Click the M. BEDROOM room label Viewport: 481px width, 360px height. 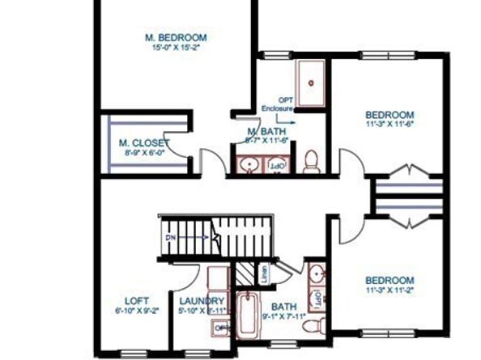pyautogui.click(x=176, y=37)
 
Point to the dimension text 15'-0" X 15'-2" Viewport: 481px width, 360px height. pyautogui.click(x=176, y=48)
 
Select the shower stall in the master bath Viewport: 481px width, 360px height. pyautogui.click(x=309, y=78)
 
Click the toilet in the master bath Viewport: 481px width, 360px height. pyautogui.click(x=310, y=162)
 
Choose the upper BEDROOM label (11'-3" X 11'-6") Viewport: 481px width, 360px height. pyautogui.click(x=389, y=114)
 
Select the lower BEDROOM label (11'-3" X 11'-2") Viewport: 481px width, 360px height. pyautogui.click(x=389, y=280)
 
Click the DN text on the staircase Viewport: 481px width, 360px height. pyautogui.click(x=171, y=238)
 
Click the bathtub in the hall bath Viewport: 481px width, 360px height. pyautogui.click(x=248, y=316)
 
